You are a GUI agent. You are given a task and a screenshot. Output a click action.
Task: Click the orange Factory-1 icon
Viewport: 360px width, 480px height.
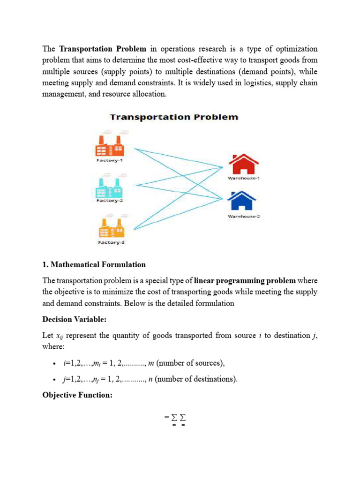point(110,146)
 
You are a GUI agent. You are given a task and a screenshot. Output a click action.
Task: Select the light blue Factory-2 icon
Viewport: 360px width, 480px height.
point(110,187)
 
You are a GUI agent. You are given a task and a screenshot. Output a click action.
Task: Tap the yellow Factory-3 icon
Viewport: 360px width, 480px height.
point(111,227)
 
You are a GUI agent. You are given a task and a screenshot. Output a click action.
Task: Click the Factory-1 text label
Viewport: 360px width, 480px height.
point(110,160)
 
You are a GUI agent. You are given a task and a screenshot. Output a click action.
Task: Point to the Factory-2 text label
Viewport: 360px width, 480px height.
point(110,201)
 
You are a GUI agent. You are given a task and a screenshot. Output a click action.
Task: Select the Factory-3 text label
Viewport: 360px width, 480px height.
point(111,242)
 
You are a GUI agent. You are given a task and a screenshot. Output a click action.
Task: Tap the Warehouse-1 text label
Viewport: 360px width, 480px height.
point(244,179)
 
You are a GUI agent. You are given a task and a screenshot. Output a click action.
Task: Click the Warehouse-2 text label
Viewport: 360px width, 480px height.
point(244,216)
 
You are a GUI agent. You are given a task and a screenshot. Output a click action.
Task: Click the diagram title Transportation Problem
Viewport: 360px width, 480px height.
point(174,117)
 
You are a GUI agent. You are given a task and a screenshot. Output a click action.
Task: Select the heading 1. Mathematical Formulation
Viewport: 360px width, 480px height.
point(94,265)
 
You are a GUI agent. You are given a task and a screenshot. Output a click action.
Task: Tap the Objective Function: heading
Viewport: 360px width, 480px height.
point(77,395)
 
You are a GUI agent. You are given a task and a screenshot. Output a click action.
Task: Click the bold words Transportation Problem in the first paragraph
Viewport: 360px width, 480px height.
point(103,49)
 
